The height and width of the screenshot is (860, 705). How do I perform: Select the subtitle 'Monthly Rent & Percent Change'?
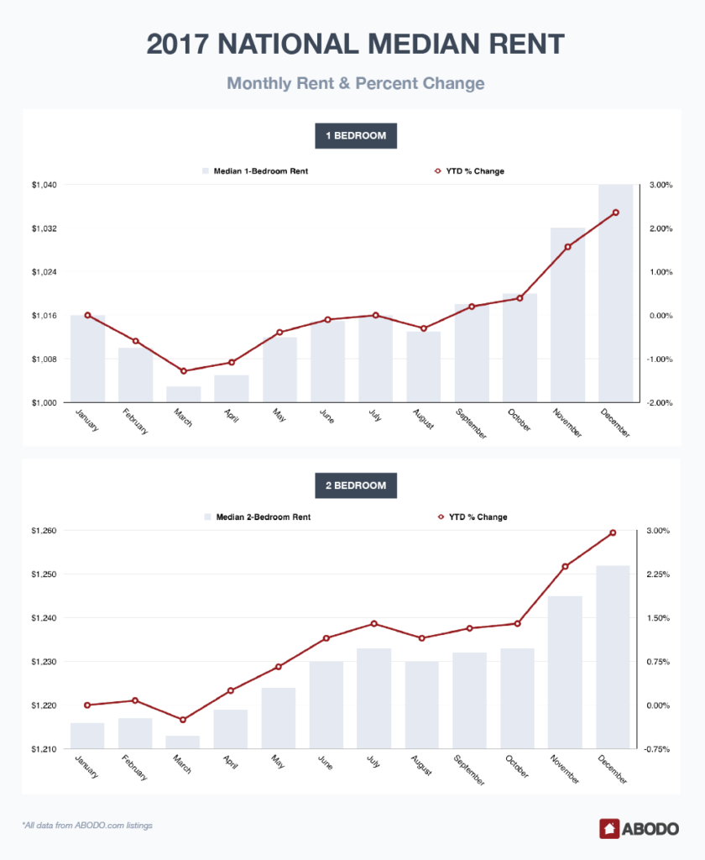coord(355,84)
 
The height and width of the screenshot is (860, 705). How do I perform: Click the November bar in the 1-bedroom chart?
coord(567,315)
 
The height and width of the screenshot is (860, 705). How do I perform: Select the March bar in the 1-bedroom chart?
coord(184,395)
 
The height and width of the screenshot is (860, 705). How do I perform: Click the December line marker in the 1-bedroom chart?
coord(615,212)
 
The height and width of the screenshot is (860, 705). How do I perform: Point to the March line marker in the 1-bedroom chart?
coord(184,371)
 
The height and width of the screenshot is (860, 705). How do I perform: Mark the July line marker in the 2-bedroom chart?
coord(375,623)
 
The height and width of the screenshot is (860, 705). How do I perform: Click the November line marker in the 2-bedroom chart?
coord(566,566)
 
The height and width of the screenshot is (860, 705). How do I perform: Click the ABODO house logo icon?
coord(609,828)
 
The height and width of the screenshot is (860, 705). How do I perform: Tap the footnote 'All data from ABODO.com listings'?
coord(87,826)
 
